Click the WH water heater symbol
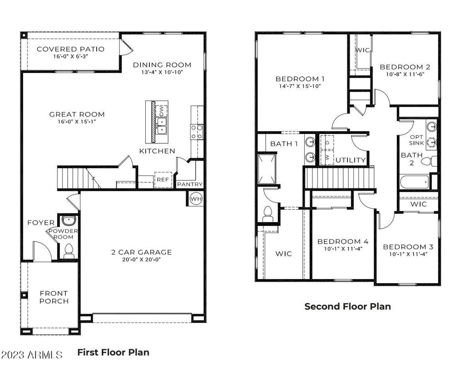196,198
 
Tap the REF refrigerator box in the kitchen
162,180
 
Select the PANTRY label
189,185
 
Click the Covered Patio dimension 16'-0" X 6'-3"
70,57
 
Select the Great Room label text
77,114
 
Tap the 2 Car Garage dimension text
142,260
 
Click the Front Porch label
54,297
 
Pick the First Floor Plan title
113,352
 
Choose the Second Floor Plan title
347,306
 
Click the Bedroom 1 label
300,78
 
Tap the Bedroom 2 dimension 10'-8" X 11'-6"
405,74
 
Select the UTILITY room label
351,160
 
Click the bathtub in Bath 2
415,183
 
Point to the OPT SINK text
416,140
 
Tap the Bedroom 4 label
343,241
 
